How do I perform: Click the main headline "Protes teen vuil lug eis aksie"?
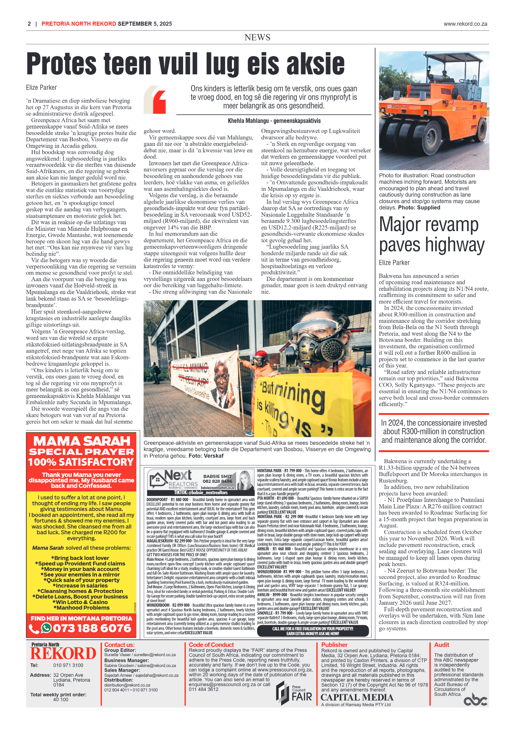click(x=185, y=64)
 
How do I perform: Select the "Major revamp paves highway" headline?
click(x=431, y=235)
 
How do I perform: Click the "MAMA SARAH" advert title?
click(x=82, y=441)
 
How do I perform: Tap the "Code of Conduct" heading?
click(x=211, y=645)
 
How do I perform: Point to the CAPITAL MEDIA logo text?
click(x=357, y=697)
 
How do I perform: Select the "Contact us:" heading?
click(x=119, y=645)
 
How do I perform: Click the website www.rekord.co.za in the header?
click(x=465, y=24)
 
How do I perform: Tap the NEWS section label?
click(x=257, y=37)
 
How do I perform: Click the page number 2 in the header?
click(x=29, y=24)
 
